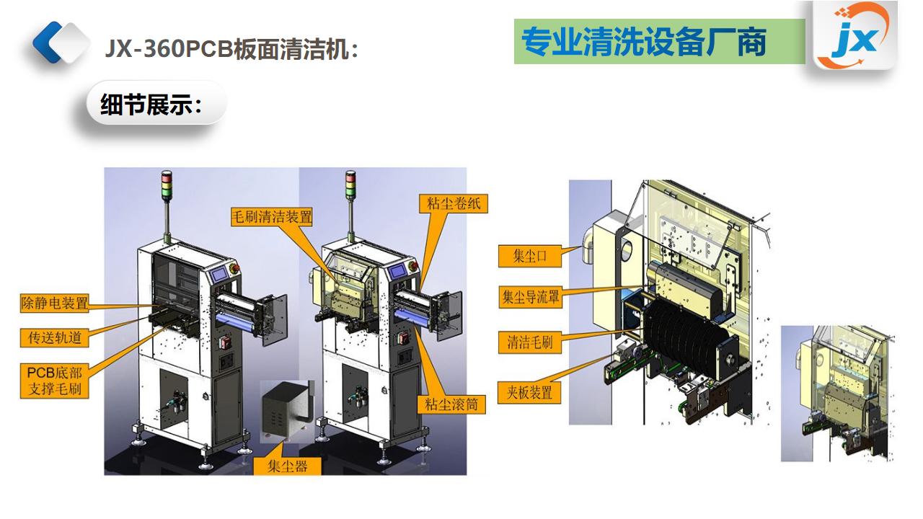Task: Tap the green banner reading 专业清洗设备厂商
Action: (659, 42)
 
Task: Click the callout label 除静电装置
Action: (55, 303)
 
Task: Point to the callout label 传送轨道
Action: (55, 337)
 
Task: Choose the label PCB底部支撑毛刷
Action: (55, 381)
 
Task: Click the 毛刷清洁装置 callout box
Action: (272, 216)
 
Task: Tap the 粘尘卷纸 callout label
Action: (453, 203)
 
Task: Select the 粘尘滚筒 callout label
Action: (451, 404)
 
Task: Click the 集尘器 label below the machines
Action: (288, 466)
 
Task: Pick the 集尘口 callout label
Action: (530, 256)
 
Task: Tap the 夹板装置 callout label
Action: (530, 393)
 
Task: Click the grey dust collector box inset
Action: (286, 410)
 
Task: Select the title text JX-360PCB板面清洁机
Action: (231, 49)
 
